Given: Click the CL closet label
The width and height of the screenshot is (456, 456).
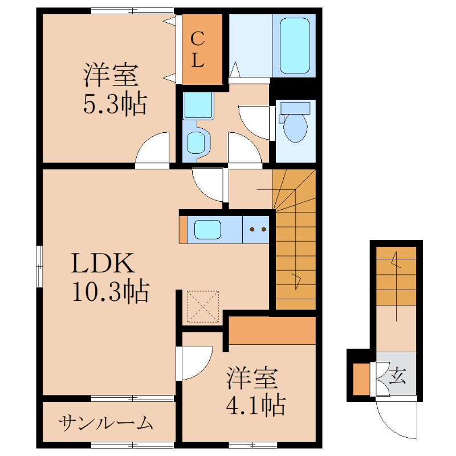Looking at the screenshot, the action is click(x=198, y=50).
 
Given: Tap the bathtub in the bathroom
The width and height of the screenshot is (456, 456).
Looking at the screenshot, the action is click(x=295, y=46).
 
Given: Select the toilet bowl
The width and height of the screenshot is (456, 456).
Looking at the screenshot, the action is click(x=295, y=127).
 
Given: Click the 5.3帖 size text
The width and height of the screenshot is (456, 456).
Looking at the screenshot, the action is click(x=115, y=104).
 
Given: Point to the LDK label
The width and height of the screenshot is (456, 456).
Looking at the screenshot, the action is click(x=103, y=263).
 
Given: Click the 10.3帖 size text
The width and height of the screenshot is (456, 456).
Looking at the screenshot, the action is click(x=111, y=291).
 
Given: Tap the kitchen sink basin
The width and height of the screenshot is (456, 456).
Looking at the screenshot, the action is click(x=207, y=230).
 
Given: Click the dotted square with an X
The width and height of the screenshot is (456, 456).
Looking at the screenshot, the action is click(x=203, y=307).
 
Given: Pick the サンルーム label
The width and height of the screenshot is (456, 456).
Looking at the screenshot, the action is click(x=106, y=423).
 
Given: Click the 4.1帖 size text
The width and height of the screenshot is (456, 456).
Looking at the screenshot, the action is click(x=255, y=405).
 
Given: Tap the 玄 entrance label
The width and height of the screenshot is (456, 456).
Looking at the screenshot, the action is click(x=397, y=376).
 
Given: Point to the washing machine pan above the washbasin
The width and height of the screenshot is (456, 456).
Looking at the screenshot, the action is click(x=198, y=105).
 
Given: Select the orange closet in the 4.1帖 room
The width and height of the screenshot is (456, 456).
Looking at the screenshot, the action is click(x=272, y=331).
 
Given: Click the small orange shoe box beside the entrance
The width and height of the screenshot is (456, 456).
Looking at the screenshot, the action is click(x=361, y=379).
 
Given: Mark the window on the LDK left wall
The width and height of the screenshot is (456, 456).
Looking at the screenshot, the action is click(x=39, y=266).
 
